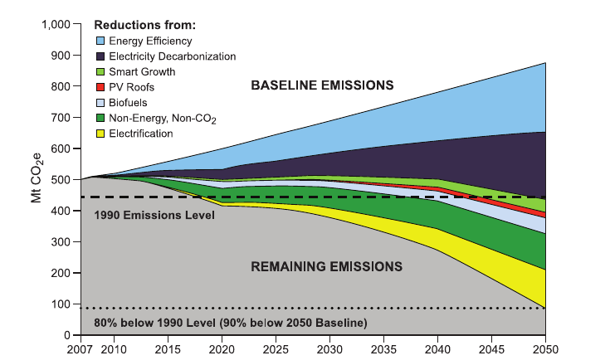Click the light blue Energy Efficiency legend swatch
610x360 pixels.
pyautogui.click(x=102, y=40)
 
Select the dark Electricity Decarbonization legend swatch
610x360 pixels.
pyautogui.click(x=102, y=56)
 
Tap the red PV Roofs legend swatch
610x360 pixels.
pyautogui.click(x=102, y=86)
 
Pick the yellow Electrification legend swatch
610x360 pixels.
pyautogui.click(x=102, y=133)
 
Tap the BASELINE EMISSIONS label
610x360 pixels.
pyautogui.click(x=322, y=85)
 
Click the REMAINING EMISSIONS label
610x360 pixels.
pyautogui.click(x=326, y=266)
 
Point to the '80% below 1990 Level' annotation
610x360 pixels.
pyautogui.click(x=230, y=322)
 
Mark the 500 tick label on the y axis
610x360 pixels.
pyautogui.click(x=63, y=180)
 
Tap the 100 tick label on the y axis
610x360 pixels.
pyautogui.click(x=63, y=304)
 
